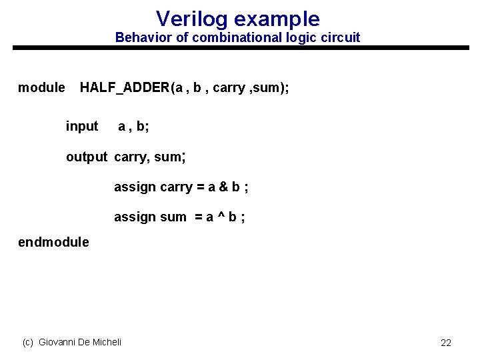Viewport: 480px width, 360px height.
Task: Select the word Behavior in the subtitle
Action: (x=143, y=37)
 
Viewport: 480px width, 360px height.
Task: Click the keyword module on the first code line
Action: (x=41, y=87)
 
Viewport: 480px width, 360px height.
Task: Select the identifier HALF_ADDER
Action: (x=125, y=87)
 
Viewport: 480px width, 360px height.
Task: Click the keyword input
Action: (x=82, y=126)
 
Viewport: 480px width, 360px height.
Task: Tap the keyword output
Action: (x=86, y=157)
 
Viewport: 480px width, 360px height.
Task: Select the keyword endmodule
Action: (x=53, y=242)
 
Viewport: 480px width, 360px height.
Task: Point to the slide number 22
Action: (x=446, y=343)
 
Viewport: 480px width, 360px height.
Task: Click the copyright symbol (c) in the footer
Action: (x=28, y=342)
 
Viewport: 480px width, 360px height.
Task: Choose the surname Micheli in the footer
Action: (x=106, y=342)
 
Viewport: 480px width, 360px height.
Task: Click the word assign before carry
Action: (x=135, y=187)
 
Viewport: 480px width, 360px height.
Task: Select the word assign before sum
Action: (x=135, y=217)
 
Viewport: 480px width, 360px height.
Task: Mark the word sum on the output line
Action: (x=167, y=157)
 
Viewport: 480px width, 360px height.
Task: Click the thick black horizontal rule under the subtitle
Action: (x=240, y=48)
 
